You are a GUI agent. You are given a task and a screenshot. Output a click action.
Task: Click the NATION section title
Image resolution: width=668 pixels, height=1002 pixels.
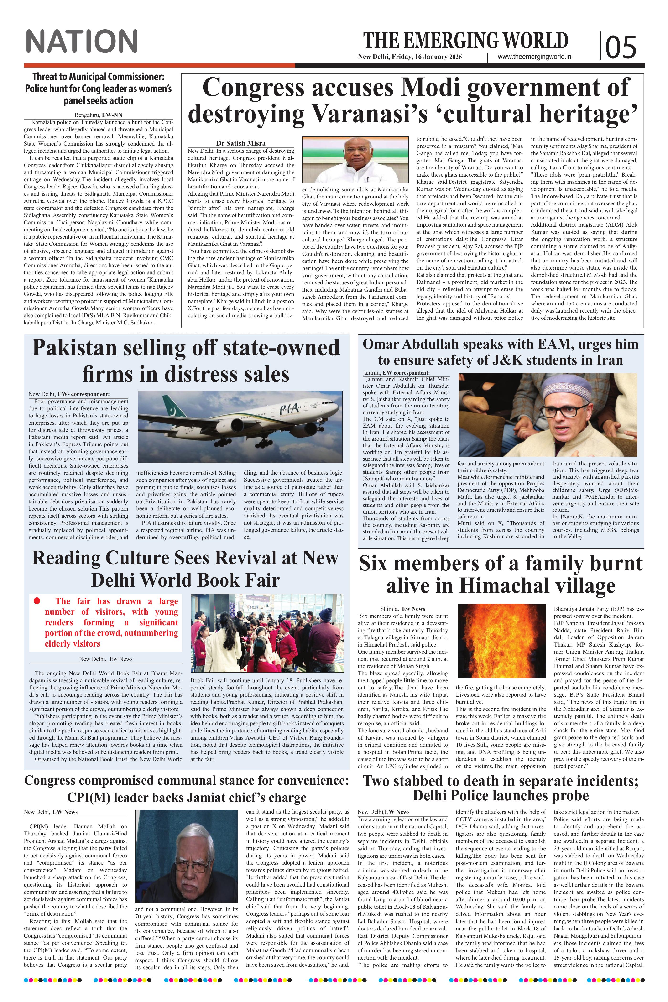click(x=81, y=41)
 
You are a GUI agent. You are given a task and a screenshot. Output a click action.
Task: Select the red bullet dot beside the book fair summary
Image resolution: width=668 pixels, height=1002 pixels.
click(x=37, y=601)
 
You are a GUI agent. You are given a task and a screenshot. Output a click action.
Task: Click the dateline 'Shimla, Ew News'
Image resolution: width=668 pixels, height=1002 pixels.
click(x=403, y=609)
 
